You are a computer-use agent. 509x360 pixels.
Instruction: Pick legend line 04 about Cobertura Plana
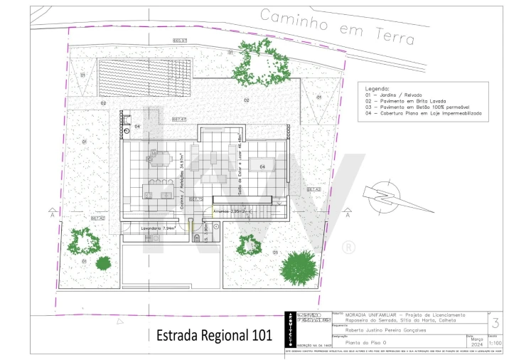424,113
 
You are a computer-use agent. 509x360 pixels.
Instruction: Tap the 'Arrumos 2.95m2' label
237,211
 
